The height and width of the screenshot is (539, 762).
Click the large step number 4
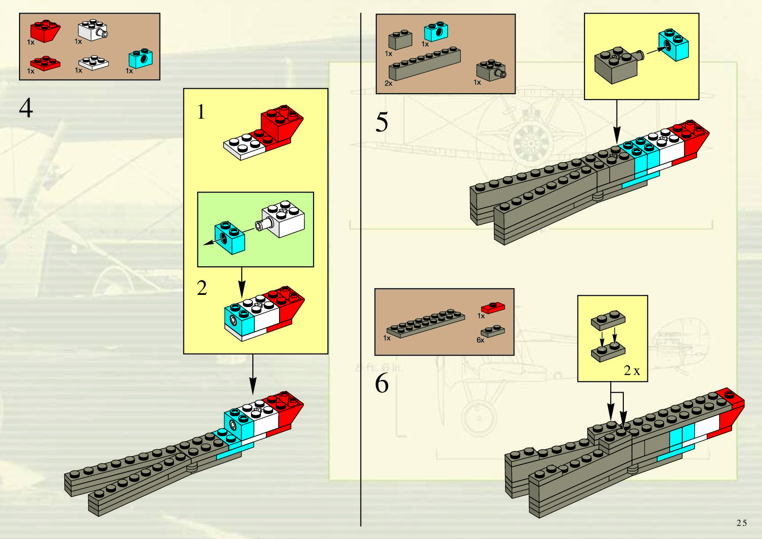26,108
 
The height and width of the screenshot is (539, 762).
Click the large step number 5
381,122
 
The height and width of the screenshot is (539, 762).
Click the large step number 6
381,384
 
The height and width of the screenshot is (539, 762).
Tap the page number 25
741,523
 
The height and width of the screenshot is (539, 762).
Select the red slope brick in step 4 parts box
45,31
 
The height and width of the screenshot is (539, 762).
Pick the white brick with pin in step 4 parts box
93,30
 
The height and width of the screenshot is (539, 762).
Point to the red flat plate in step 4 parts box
45,63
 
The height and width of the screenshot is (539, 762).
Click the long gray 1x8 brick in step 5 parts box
424,64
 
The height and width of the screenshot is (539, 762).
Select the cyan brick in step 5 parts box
436,32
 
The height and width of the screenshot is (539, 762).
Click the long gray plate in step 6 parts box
425,322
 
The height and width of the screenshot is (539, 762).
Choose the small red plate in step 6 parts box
493,308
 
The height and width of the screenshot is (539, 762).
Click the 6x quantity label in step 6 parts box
480,340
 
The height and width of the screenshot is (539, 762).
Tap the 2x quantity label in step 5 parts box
388,83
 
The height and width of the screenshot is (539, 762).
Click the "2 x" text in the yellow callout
632,371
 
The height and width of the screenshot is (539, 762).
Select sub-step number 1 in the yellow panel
201,112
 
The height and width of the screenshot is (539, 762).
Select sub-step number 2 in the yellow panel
202,288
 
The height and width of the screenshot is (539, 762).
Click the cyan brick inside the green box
230,237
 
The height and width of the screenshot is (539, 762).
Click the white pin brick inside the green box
283,220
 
